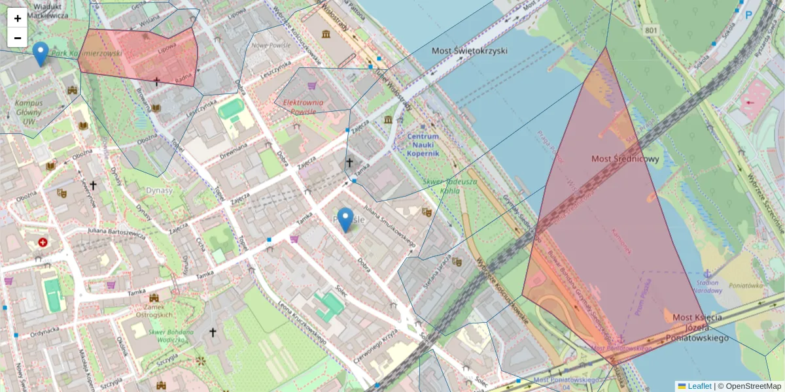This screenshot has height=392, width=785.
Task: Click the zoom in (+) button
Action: pyautogui.click(x=18, y=18)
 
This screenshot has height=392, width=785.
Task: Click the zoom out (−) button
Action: pyautogui.click(x=18, y=38)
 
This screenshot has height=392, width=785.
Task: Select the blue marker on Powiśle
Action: pyautogui.click(x=345, y=220)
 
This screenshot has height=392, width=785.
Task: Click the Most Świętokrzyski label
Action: pyautogui.click(x=470, y=50)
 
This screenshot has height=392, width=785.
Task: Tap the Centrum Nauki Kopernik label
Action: pyautogui.click(x=427, y=142)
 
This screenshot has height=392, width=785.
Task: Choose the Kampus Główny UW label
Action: pyautogui.click(x=29, y=112)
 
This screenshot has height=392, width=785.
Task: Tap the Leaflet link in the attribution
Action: pyautogui.click(x=699, y=386)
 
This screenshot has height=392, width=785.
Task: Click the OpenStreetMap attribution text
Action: pyautogui.click(x=753, y=386)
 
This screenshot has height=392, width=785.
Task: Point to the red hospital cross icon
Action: pyautogui.click(x=43, y=242)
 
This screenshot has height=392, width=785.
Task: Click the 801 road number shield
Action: pyautogui.click(x=651, y=30)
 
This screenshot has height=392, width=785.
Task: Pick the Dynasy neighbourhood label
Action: pyautogui.click(x=160, y=191)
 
